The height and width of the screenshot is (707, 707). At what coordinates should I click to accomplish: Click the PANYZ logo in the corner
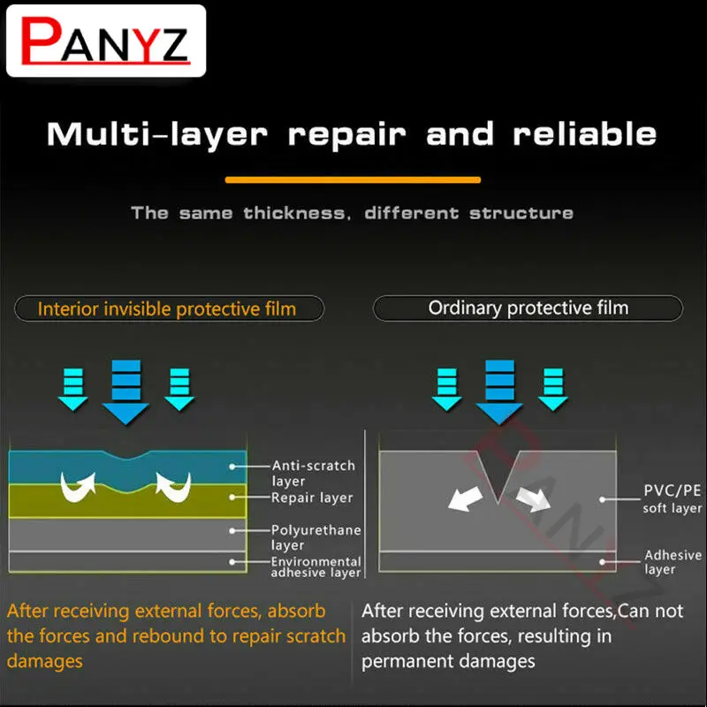click(x=106, y=41)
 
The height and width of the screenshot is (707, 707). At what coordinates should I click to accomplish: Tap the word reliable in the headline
click(x=584, y=134)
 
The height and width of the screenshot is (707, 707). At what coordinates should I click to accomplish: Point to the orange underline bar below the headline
click(x=353, y=180)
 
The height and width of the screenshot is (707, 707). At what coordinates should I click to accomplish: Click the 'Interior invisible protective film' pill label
click(x=169, y=308)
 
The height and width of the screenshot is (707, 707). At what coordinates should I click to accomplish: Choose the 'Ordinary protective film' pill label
click(x=528, y=308)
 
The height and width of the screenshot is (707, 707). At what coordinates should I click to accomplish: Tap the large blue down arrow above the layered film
click(x=125, y=392)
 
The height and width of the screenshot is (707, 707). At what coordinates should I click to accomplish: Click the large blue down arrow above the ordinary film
click(x=499, y=392)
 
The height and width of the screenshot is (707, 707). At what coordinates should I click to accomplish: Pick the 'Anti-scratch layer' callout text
click(x=314, y=473)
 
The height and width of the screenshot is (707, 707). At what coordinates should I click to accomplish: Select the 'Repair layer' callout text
click(x=312, y=498)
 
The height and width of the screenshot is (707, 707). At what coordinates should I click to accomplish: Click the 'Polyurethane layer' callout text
click(x=315, y=537)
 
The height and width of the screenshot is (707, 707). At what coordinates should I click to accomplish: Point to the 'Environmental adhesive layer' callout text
click(x=315, y=566)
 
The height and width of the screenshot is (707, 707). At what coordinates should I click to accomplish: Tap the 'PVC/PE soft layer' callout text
click(x=673, y=498)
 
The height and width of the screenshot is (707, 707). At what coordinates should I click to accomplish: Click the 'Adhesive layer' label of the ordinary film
click(x=673, y=561)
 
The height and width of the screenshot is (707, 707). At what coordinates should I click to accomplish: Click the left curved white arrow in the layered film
click(x=79, y=487)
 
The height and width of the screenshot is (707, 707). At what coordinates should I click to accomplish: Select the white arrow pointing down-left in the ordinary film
click(x=466, y=498)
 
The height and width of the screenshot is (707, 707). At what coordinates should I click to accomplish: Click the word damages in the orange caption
click(x=45, y=661)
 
